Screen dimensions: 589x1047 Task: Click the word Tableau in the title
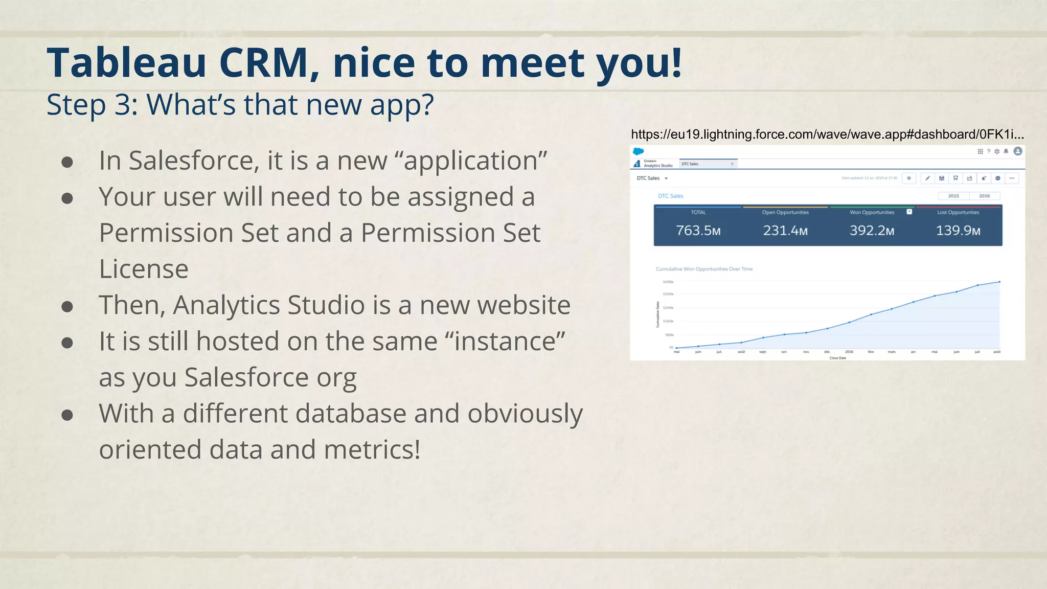127,63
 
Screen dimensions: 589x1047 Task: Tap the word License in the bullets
144,269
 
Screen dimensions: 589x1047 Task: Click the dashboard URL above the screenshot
827,134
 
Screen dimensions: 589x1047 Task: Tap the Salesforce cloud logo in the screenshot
638,151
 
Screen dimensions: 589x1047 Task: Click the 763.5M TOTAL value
698,231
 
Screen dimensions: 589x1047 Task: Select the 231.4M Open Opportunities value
785,231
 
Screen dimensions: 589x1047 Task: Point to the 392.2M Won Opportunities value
872,231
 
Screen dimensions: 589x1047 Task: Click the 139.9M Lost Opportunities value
958,231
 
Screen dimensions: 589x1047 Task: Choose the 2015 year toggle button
953,196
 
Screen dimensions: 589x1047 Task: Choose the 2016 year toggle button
984,196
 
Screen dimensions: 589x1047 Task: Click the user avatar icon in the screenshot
1018,151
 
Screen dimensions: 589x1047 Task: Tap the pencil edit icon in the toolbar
927,178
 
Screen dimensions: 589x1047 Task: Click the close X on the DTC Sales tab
732,164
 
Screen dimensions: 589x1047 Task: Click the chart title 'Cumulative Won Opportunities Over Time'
704,269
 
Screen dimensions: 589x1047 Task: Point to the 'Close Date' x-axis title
837,358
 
